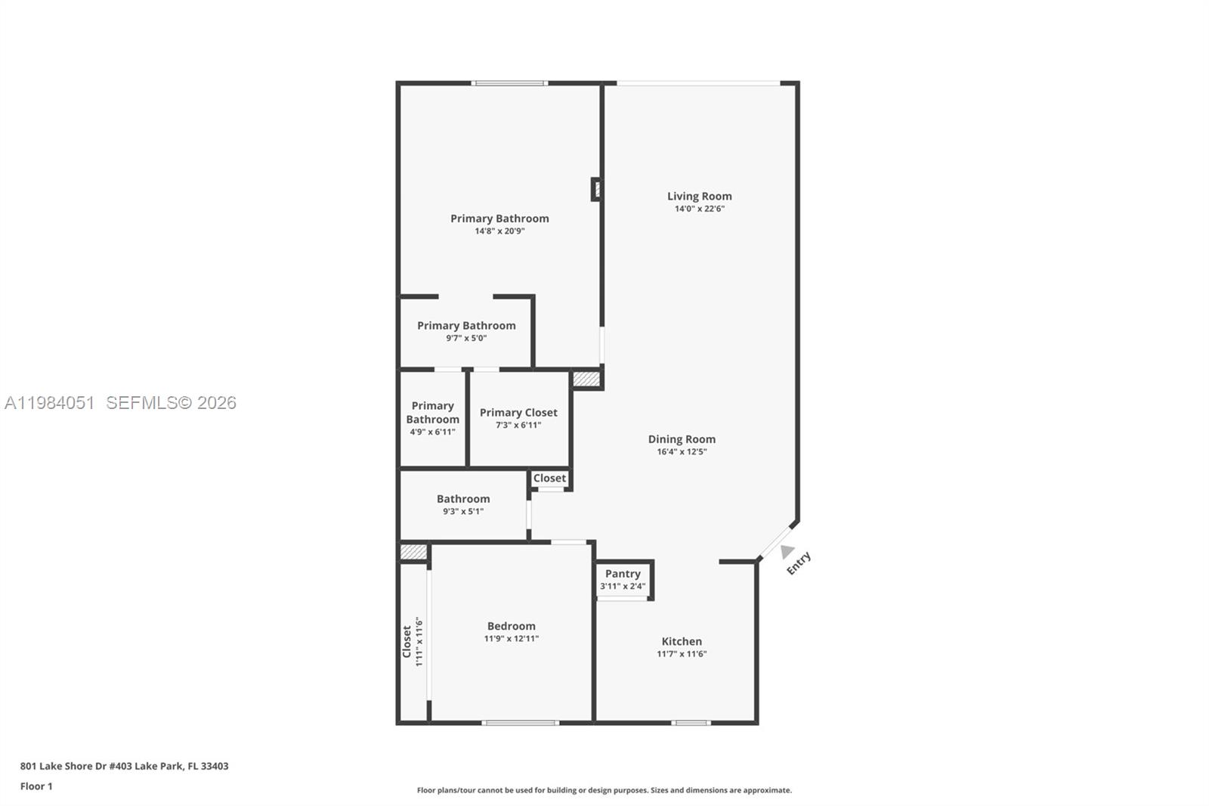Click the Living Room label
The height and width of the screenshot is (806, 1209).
(x=699, y=197)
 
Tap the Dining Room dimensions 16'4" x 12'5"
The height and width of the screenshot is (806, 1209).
(x=682, y=452)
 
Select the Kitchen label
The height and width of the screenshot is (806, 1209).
(x=682, y=641)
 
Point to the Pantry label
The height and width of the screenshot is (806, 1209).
(x=623, y=574)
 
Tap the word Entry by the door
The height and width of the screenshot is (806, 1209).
(x=799, y=563)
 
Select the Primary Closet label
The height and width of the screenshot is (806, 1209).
(x=518, y=413)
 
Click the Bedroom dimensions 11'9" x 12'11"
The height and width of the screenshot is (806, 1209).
(x=511, y=639)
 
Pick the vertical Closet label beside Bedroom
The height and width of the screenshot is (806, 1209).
(x=407, y=641)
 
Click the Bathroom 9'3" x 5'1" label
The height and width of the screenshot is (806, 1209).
(x=463, y=499)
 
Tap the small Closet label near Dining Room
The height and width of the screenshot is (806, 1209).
(x=549, y=478)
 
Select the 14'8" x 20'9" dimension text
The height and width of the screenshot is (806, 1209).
(x=499, y=231)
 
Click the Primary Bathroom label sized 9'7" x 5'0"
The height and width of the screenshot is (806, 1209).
(x=466, y=326)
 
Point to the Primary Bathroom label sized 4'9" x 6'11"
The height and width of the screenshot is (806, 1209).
(x=432, y=413)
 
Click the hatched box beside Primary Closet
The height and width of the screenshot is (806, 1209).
(x=586, y=378)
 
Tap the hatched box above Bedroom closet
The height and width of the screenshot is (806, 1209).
(x=413, y=553)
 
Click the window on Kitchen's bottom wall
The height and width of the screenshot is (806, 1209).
(x=691, y=723)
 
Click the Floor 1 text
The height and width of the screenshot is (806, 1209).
(x=36, y=786)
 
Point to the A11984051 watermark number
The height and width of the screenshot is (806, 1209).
(x=50, y=403)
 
